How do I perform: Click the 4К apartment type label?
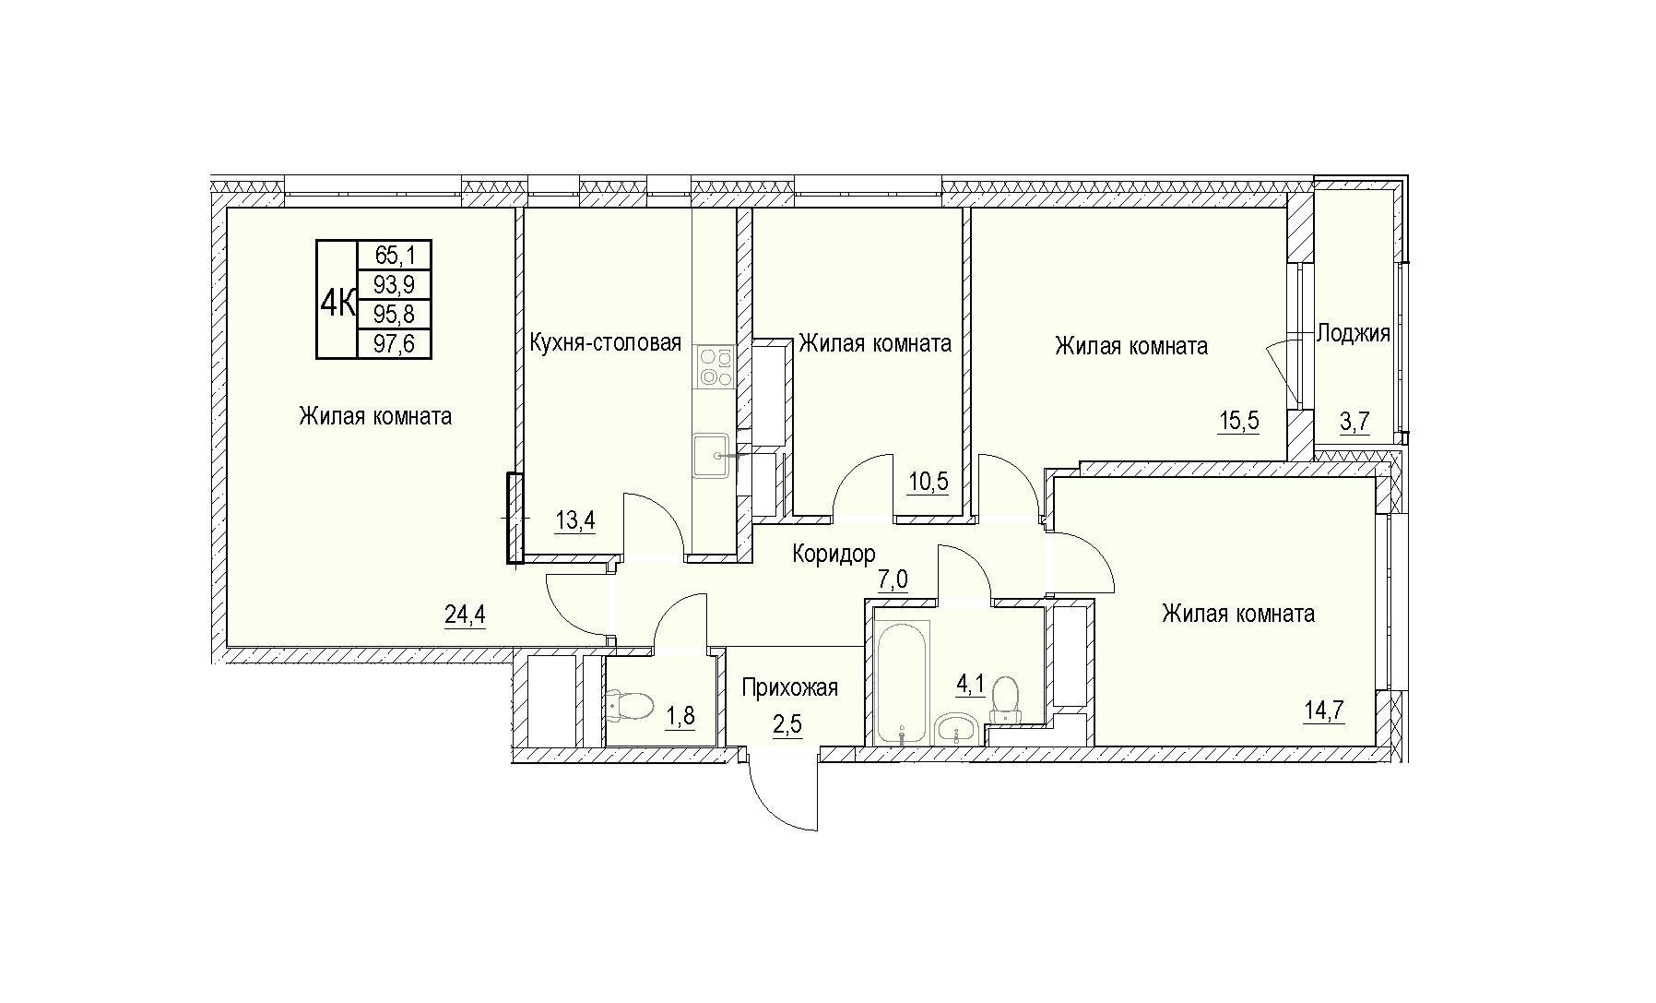337,300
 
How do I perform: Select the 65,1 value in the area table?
393,255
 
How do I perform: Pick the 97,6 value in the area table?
393,343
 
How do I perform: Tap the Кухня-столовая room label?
606,343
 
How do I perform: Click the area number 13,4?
574,521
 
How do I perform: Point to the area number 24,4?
465,615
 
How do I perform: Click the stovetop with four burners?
715,366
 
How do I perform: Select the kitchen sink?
712,456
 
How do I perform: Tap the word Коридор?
834,554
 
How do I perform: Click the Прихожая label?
790,687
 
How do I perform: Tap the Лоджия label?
1353,333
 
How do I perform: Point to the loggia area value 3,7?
1354,423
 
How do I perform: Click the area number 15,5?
1238,423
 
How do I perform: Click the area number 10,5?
928,482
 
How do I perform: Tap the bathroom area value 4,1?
971,686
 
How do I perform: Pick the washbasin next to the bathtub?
959,730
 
